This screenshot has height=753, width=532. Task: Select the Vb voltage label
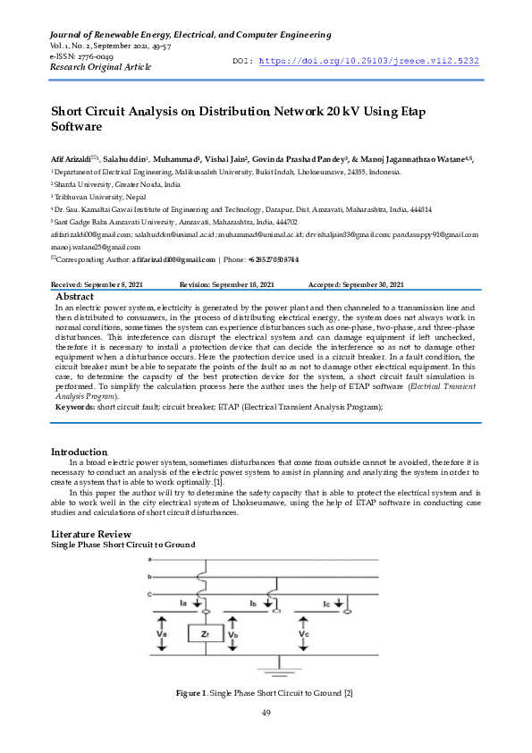[232, 634]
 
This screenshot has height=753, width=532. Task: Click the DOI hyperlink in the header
[368, 61]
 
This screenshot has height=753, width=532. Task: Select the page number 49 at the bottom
[266, 713]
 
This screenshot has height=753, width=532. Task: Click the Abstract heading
[75, 295]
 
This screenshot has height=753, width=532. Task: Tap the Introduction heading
[80, 452]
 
